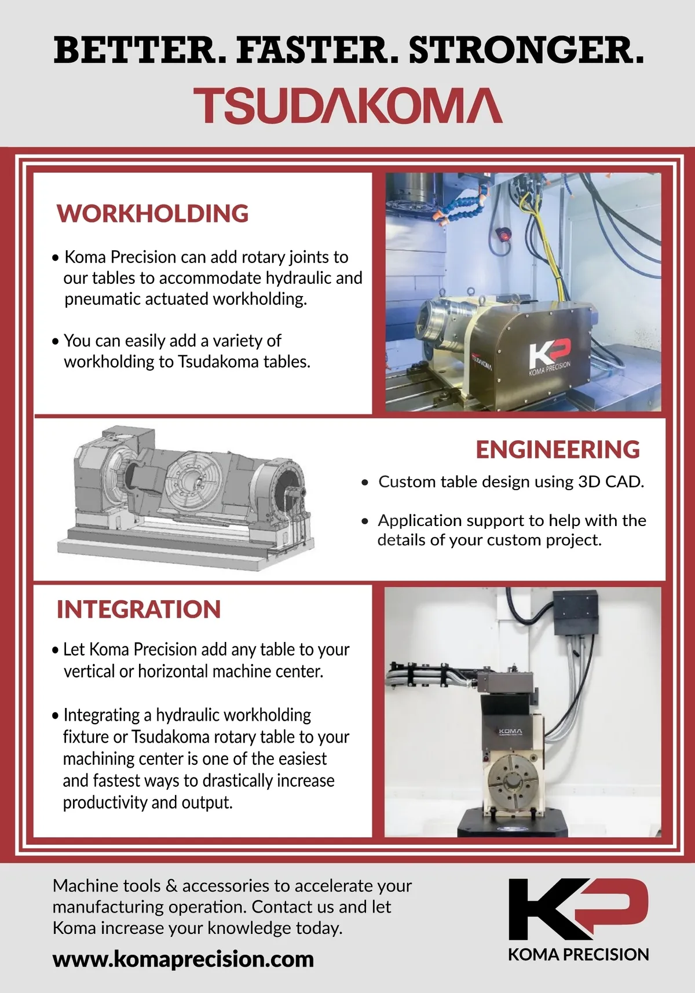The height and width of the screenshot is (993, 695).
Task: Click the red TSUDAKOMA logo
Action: (348, 105)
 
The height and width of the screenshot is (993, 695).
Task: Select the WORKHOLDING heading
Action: (152, 213)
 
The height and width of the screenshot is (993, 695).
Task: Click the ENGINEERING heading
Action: (558, 450)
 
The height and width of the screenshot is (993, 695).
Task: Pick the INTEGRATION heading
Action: (139, 609)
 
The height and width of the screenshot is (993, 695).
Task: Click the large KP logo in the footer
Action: (578, 909)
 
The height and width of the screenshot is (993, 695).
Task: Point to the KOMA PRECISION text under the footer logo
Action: (579, 954)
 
